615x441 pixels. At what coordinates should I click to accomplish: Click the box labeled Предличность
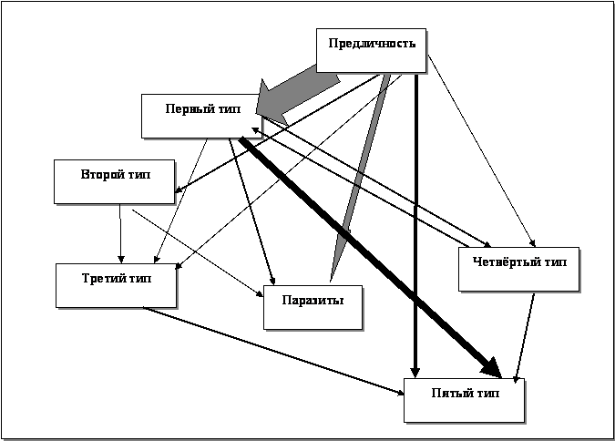click(371, 50)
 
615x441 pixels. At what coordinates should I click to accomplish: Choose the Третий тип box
click(116, 285)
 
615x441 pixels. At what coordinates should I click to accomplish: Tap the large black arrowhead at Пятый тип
click(489, 366)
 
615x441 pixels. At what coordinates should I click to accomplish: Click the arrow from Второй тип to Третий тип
click(120, 233)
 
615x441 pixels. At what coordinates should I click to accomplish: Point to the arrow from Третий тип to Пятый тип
click(273, 351)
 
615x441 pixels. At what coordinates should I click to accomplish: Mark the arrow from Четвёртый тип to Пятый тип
click(525, 337)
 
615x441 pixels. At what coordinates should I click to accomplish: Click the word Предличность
click(371, 43)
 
